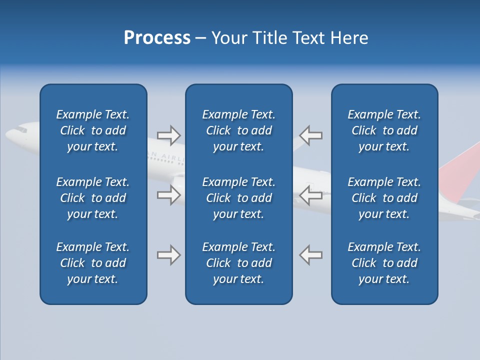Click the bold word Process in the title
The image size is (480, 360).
157,38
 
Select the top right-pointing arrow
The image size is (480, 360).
168,135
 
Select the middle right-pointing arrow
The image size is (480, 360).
168,195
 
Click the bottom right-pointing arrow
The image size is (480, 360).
168,255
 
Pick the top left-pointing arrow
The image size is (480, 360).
311,135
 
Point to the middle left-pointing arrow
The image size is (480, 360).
311,195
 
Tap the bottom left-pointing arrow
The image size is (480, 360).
311,255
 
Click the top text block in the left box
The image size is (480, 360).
93,130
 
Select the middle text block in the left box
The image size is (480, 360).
93,198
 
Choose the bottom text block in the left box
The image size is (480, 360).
93,263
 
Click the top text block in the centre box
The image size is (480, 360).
239,130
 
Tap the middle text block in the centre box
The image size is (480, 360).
239,198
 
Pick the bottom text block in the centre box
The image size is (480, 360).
239,263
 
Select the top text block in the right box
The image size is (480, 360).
384,130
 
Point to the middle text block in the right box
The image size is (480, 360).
384,198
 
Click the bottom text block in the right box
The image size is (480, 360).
384,263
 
